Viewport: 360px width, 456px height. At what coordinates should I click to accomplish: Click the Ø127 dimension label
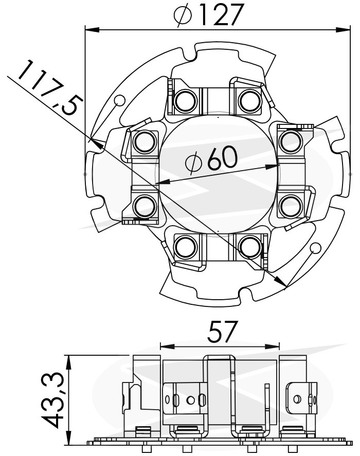click(x=208, y=14)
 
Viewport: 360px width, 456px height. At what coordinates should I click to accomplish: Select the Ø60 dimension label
click(x=211, y=159)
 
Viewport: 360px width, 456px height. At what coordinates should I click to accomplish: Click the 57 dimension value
click(x=222, y=331)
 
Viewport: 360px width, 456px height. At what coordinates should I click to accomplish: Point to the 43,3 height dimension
click(x=52, y=401)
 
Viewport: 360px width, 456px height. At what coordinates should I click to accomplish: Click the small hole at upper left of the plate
click(x=120, y=100)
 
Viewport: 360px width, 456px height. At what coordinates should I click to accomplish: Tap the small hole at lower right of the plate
click(x=315, y=248)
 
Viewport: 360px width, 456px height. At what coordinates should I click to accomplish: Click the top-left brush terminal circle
click(x=185, y=100)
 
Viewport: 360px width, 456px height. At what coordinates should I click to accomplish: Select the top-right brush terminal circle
click(x=250, y=100)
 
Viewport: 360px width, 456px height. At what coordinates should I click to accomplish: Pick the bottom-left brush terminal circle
click(x=185, y=247)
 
